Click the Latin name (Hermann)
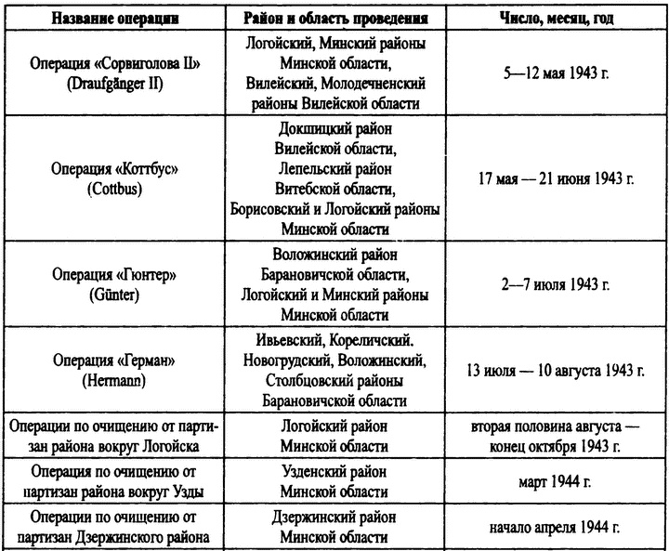(x=112, y=379)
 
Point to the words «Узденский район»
(x=334, y=472)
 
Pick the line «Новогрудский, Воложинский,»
(x=335, y=360)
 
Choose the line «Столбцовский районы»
(x=335, y=380)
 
